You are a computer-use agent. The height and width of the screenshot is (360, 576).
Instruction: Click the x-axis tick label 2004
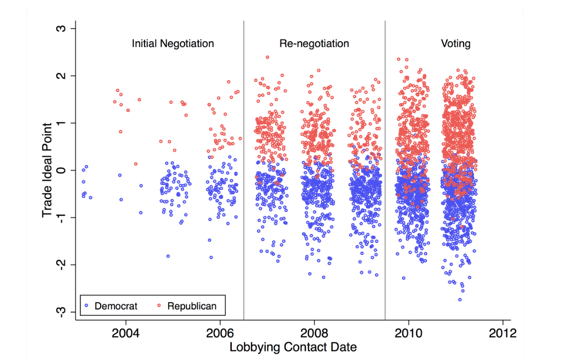[x=125, y=332]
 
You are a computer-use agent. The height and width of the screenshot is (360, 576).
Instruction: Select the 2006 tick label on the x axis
[x=220, y=332]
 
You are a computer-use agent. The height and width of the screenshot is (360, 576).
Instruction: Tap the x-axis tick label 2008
[x=314, y=332]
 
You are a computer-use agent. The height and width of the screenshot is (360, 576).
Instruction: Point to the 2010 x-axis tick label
[x=409, y=332]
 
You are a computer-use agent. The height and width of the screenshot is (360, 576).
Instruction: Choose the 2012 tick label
[x=503, y=332]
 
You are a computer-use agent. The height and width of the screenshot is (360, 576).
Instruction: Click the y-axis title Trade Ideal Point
[x=47, y=170]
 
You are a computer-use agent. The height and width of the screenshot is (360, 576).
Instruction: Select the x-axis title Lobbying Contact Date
[x=293, y=347]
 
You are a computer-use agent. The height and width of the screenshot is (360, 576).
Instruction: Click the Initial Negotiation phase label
[x=172, y=44]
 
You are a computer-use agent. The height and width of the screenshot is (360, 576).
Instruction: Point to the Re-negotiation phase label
[x=314, y=44]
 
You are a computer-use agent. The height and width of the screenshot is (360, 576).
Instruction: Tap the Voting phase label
[x=455, y=44]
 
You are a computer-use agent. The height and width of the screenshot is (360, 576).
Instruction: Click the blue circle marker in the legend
[x=87, y=306]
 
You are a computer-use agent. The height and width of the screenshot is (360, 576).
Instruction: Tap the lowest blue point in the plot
[x=460, y=300]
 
